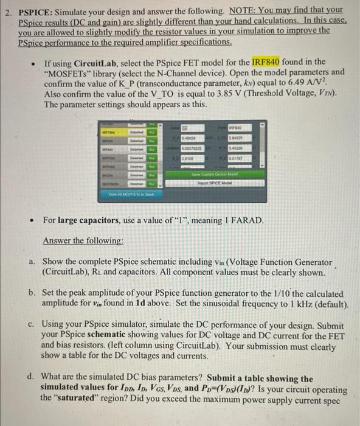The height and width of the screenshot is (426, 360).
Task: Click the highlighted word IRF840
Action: point(268,62)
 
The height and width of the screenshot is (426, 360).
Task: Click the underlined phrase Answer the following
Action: point(83,241)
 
